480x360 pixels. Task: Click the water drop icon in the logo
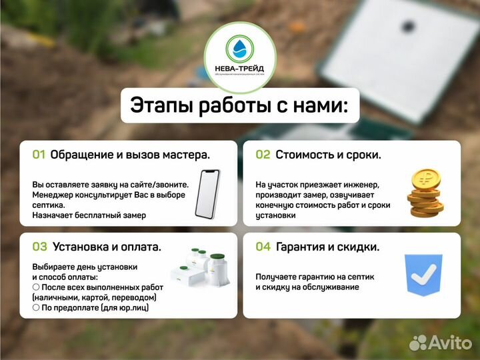tap(239, 48)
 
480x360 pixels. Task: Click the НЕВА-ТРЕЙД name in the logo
tap(239, 67)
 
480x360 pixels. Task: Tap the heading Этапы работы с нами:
tap(239, 106)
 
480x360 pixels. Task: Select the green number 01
tap(39, 155)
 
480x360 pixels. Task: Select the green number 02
tap(263, 155)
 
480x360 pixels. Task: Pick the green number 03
tap(39, 247)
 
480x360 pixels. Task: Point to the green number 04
tap(263, 247)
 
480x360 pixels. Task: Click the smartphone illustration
tap(207, 193)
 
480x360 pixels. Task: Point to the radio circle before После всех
tap(36, 287)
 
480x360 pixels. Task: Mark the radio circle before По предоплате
tap(36, 307)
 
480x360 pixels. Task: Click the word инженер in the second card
tap(361, 185)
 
